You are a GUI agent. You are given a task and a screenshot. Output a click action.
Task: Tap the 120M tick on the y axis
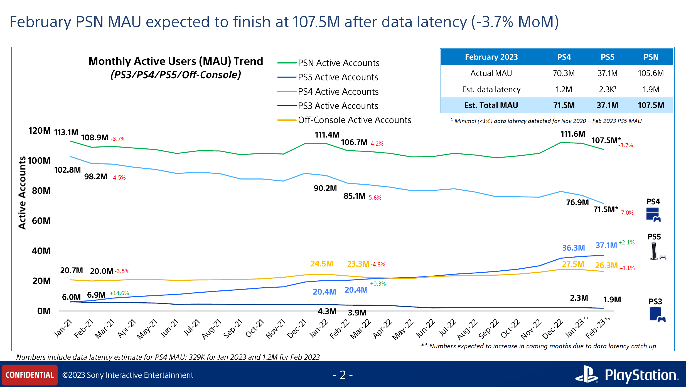point(40,131)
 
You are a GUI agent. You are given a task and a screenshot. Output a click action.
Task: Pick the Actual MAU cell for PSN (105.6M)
point(651,73)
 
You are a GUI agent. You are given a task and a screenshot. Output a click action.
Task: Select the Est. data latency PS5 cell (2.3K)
point(607,89)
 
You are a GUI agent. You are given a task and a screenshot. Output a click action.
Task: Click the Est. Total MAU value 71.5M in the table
point(564,105)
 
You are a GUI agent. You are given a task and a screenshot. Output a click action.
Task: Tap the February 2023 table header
point(491,57)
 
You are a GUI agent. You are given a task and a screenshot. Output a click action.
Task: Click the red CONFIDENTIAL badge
point(30,375)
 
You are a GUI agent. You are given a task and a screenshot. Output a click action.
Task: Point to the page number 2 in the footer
point(343,375)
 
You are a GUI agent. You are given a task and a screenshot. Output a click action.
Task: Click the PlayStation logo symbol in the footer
point(586,374)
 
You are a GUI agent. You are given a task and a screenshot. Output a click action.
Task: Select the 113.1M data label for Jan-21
point(66,132)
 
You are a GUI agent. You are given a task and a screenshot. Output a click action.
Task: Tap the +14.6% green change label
point(119,293)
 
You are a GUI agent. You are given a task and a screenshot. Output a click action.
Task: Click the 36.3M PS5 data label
point(573,248)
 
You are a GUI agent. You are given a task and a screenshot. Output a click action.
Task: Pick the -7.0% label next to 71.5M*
point(626,213)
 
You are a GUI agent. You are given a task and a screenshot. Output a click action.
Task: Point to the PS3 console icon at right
point(657,315)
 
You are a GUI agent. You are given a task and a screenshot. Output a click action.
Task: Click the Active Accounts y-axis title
point(22,193)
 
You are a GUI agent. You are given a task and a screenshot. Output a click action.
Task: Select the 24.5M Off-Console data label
point(322,264)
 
